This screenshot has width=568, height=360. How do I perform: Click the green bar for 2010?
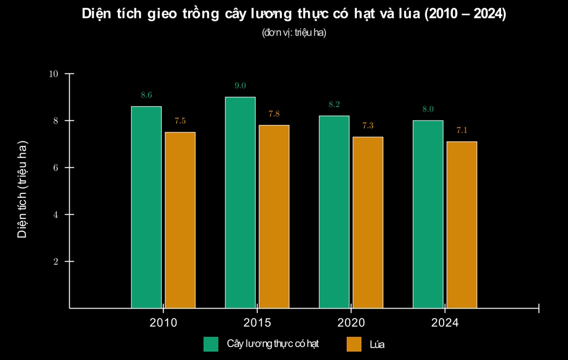click(146, 207)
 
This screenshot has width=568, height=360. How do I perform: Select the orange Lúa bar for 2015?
click(274, 216)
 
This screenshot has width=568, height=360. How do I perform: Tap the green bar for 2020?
click(334, 212)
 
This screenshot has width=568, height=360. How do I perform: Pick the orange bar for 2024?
click(461, 225)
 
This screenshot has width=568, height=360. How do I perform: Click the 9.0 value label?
click(240, 86)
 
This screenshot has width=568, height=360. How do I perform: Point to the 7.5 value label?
click(180, 121)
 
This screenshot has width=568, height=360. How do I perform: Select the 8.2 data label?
click(334, 104)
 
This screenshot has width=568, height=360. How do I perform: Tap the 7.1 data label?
click(462, 130)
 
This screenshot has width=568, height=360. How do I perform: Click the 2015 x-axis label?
click(257, 322)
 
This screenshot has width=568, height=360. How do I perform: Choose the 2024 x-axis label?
click(445, 322)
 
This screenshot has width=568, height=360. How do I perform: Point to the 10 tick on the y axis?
click(53, 74)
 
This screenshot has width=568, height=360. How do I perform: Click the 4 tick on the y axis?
click(55, 215)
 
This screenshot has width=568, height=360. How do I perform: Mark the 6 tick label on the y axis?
click(55, 168)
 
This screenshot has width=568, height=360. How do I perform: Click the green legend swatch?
click(211, 344)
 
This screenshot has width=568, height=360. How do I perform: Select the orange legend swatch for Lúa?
click(354, 344)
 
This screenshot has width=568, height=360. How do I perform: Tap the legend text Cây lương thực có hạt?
click(273, 344)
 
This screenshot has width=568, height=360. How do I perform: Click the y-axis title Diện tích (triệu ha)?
click(22, 190)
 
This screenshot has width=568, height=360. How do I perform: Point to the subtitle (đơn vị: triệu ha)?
click(294, 33)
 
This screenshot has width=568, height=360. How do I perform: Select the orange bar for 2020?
click(368, 222)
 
